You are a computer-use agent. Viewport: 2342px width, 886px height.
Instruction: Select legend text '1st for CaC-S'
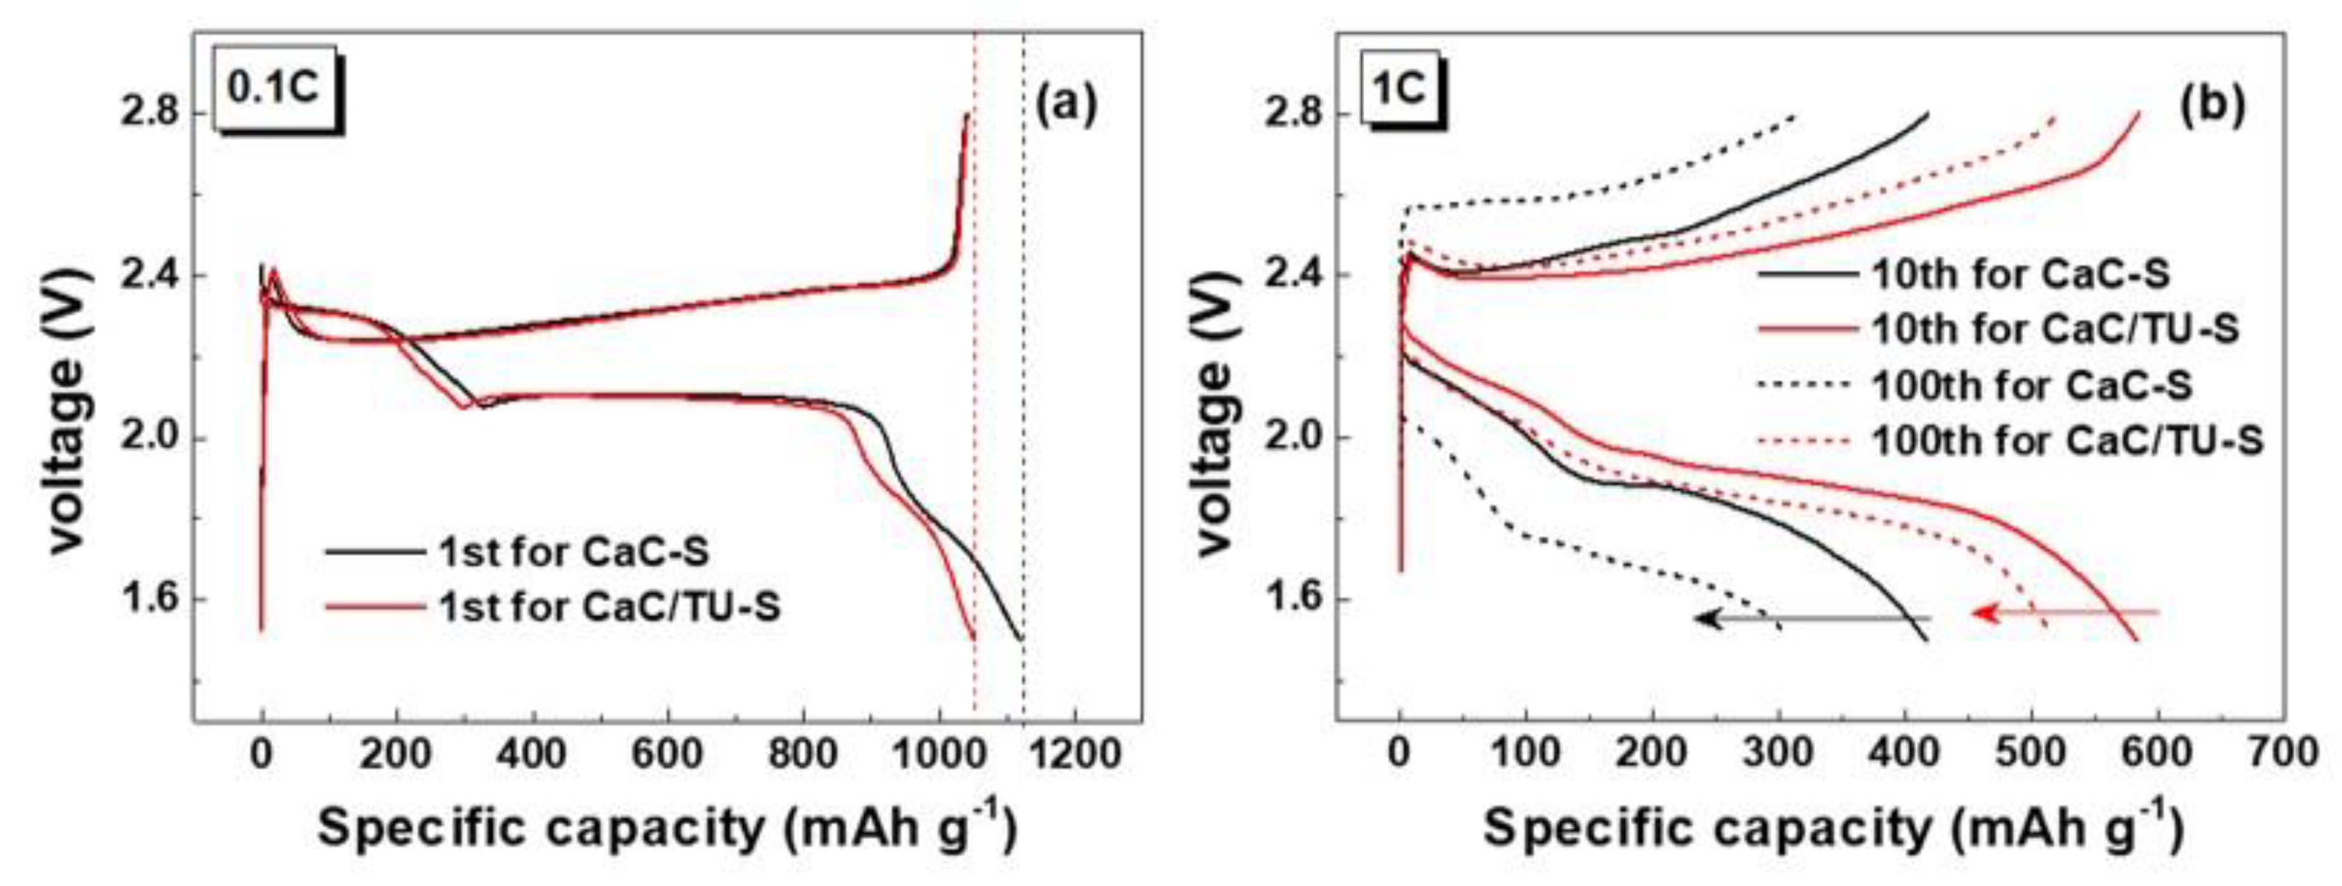pyautogui.click(x=574, y=551)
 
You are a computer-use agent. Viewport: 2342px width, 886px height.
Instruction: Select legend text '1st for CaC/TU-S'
pyautogui.click(x=609, y=606)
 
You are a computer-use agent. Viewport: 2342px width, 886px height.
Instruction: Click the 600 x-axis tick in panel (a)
pyautogui.click(x=669, y=754)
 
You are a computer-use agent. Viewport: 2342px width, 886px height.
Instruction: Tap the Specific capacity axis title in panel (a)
pyautogui.click(x=667, y=829)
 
